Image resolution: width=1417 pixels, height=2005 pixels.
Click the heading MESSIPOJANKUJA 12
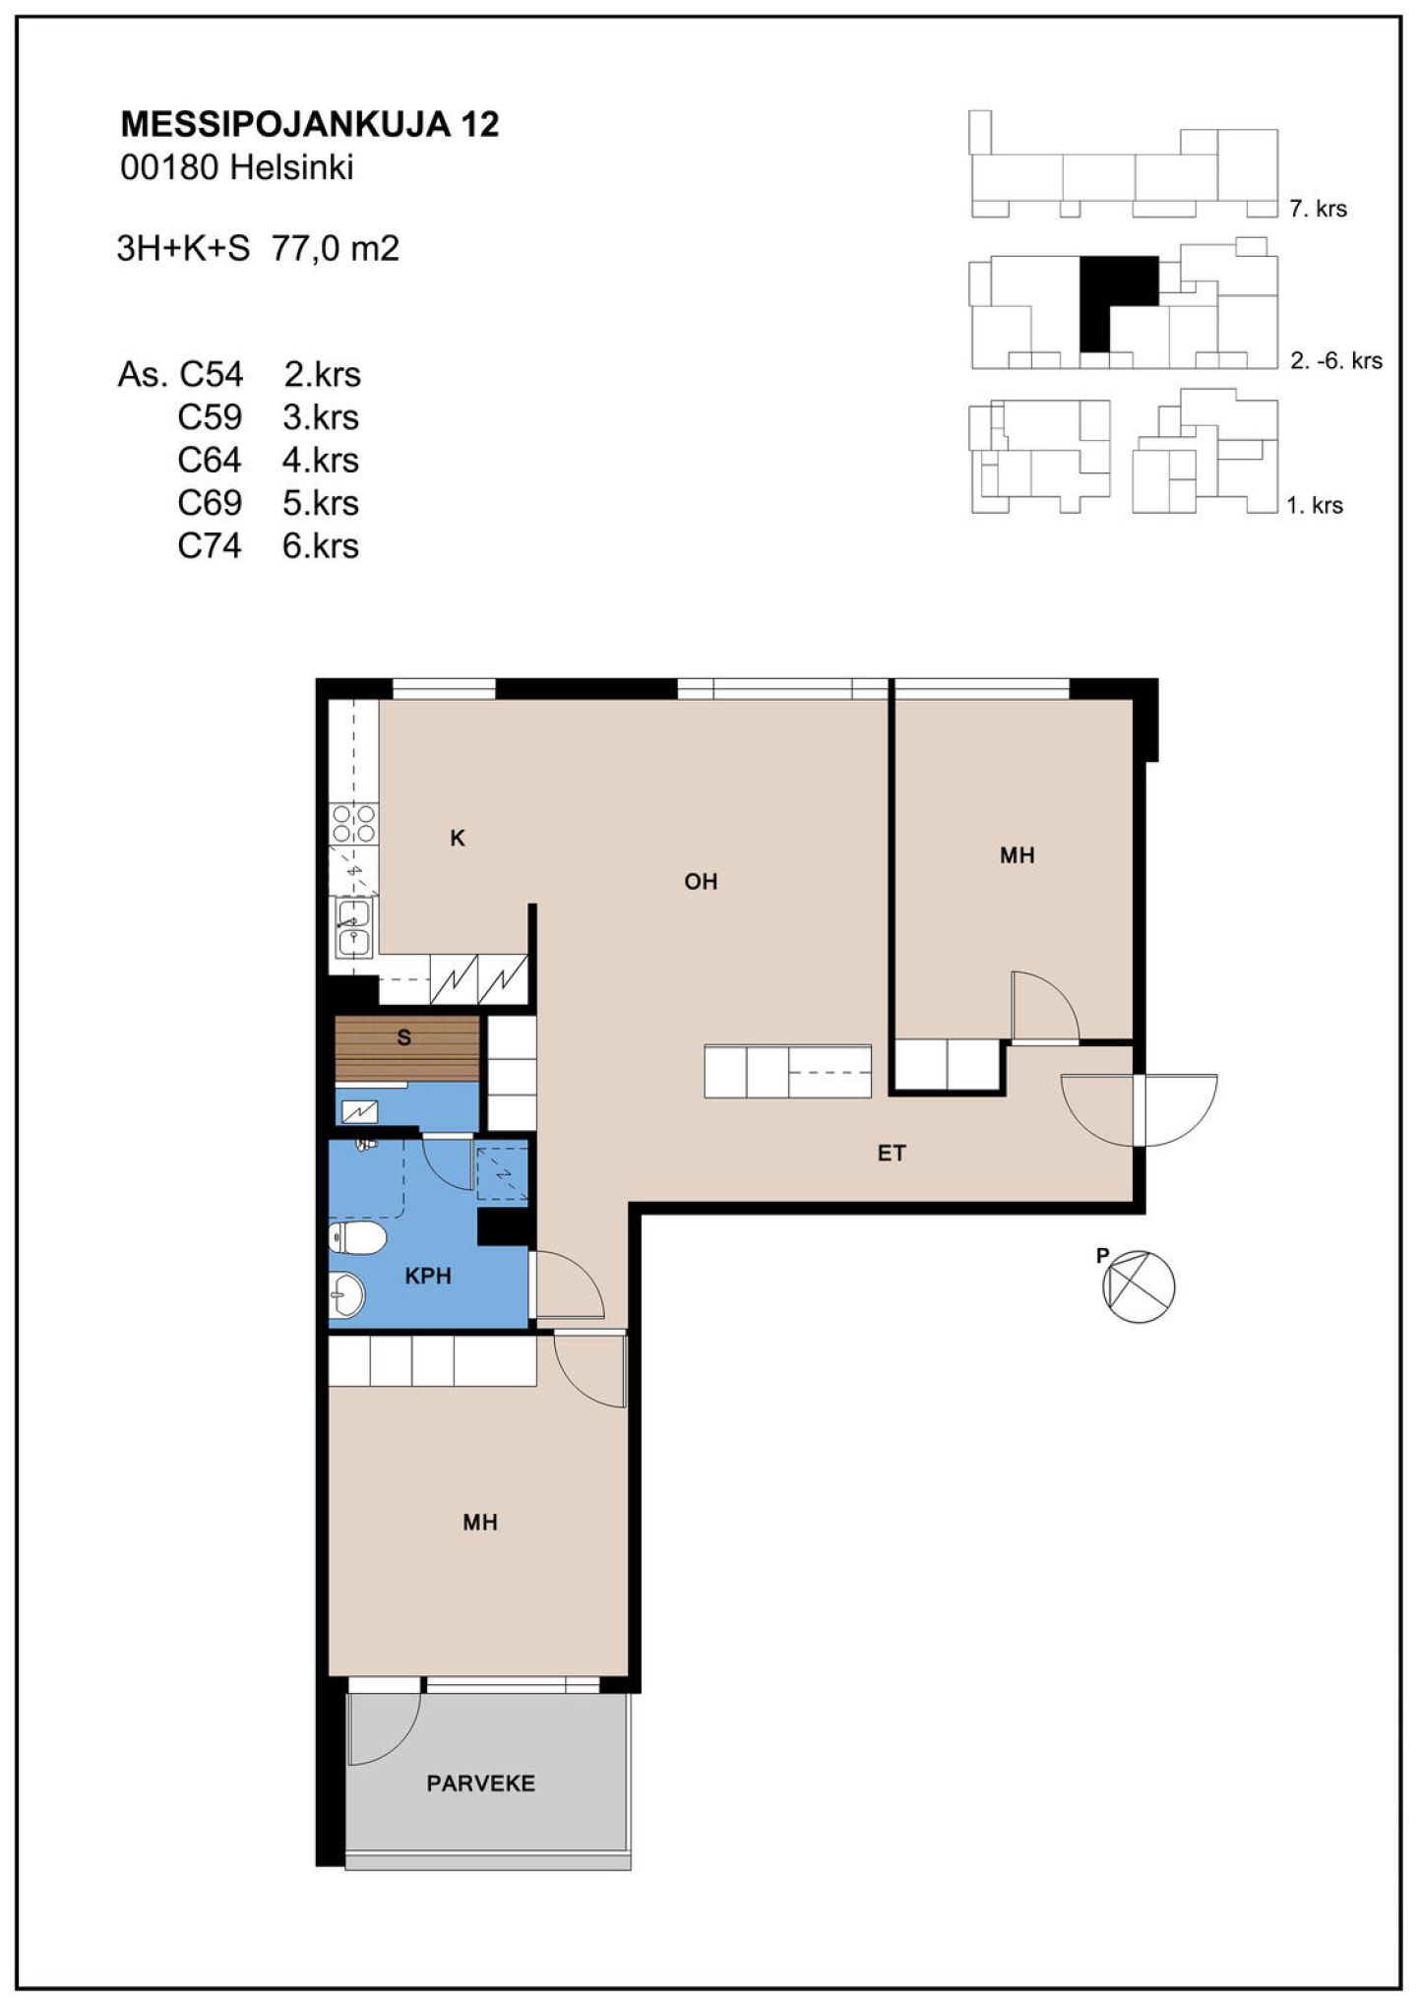click(309, 124)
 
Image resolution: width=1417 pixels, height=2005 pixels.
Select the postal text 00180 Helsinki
click(236, 167)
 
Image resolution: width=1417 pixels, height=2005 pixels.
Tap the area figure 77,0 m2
click(336, 248)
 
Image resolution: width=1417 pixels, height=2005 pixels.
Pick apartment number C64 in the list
click(210, 460)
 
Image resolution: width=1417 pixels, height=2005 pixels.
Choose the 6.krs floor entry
click(321, 545)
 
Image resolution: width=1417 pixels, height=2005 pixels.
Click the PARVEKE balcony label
click(481, 1783)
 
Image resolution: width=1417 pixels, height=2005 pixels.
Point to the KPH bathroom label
click(428, 1276)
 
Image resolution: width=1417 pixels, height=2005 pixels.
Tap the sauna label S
click(403, 1037)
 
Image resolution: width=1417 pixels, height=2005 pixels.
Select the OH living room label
click(701, 881)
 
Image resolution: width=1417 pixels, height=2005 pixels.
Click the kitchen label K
click(458, 839)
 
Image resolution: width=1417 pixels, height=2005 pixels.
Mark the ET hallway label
click(892, 1153)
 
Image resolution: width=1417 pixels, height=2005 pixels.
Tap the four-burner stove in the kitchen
click(353, 823)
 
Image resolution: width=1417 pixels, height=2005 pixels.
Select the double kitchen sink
click(353, 928)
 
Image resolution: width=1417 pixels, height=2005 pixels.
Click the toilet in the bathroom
click(356, 1239)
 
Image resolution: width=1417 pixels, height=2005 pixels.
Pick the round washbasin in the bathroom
click(346, 1294)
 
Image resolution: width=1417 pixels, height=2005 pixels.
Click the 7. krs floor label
click(1318, 209)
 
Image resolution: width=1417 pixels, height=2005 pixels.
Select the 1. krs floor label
click(1315, 506)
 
